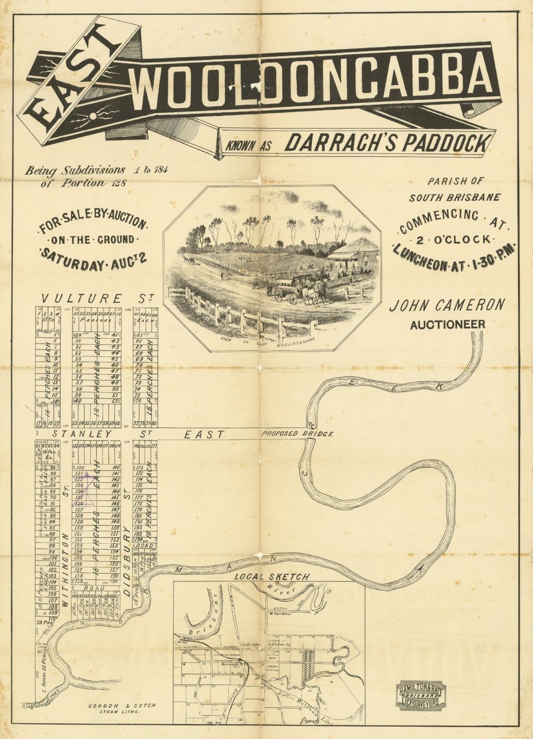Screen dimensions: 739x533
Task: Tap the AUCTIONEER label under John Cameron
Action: tap(447, 324)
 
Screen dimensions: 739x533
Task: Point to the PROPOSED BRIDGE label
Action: tap(297, 434)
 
